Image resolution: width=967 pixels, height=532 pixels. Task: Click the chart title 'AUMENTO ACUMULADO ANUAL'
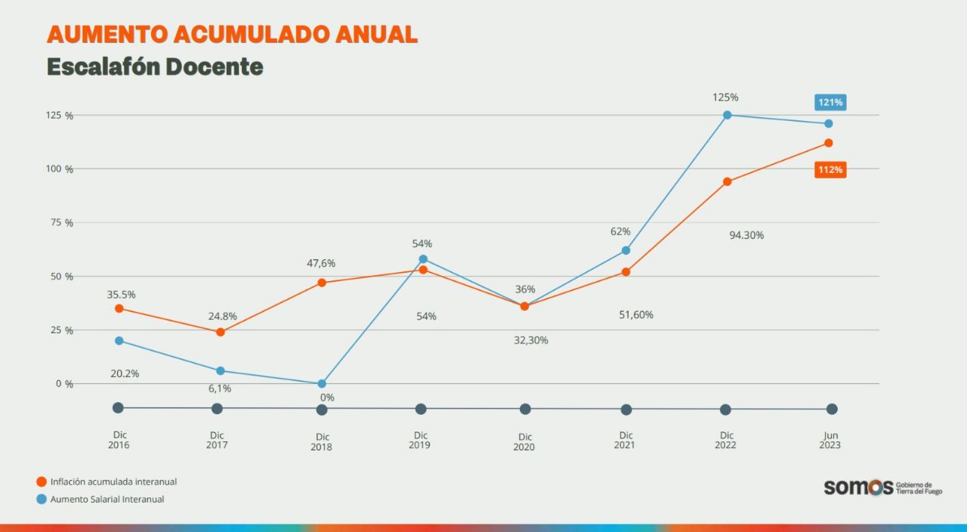tap(232, 34)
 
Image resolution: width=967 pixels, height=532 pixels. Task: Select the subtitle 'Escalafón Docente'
tap(155, 67)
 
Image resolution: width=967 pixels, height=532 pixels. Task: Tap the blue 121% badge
tap(830, 102)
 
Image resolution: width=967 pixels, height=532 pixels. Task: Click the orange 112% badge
tap(830, 170)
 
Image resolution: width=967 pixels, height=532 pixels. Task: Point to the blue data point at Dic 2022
tap(728, 115)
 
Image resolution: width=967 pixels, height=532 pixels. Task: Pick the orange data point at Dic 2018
tap(322, 283)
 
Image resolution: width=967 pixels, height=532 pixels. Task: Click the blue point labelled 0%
tap(322, 384)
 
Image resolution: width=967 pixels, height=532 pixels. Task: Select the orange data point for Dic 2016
tap(119, 308)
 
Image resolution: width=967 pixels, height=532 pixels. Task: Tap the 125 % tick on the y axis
tap(60, 116)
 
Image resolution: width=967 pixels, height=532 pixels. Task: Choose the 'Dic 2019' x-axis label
tap(420, 441)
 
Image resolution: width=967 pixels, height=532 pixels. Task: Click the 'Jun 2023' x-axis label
tap(830, 441)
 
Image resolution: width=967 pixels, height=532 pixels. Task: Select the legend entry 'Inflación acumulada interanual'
tap(113, 481)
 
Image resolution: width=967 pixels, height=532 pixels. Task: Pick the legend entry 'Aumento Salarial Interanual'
tap(107, 499)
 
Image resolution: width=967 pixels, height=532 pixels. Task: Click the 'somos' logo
tap(858, 487)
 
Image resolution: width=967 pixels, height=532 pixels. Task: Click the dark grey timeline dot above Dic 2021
tap(626, 410)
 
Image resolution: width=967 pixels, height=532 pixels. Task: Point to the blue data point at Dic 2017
tap(220, 371)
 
